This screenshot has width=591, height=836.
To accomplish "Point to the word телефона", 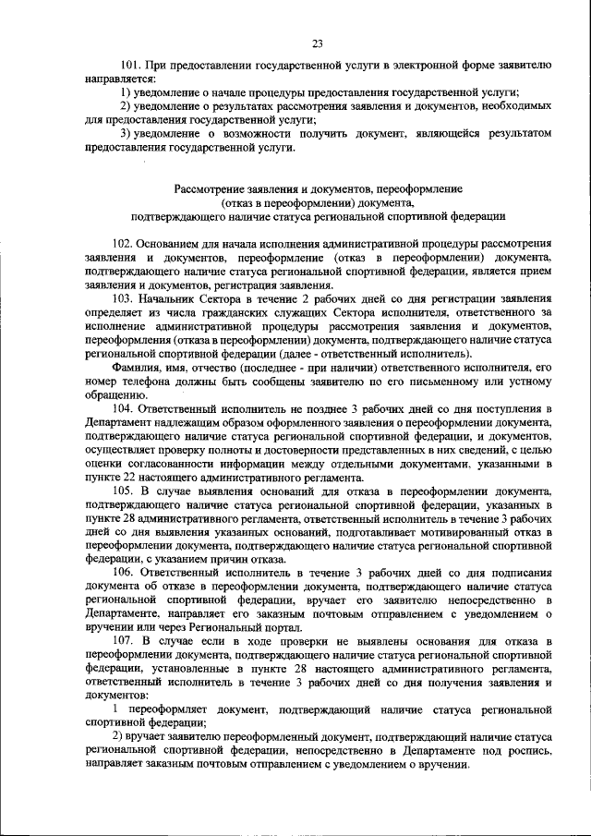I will (x=139, y=382).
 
